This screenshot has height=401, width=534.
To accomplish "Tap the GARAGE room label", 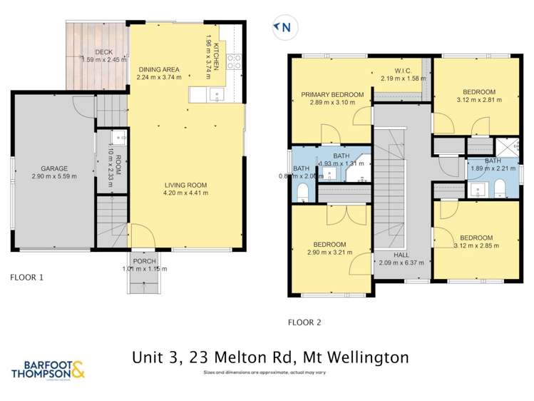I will pyautogui.click(x=54, y=168).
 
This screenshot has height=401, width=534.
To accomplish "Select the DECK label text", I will pyautogui.click(x=103, y=52).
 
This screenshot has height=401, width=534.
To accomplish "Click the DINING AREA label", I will pyautogui.click(x=158, y=69).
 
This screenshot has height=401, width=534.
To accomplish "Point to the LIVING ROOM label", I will pyautogui.click(x=184, y=186).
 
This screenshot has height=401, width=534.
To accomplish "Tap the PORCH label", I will pyautogui.click(x=144, y=260).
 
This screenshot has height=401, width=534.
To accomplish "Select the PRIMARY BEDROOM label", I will pyautogui.click(x=332, y=95).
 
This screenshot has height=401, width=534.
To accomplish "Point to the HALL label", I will pyautogui.click(x=402, y=255).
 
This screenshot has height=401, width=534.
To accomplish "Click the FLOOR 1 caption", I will pyautogui.click(x=27, y=277).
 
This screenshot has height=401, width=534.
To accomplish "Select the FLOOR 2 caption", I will pyautogui.click(x=304, y=322).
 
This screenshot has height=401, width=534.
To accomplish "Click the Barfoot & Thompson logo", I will pyautogui.click(x=48, y=370).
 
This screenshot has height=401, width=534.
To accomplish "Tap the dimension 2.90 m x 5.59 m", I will pyautogui.click(x=54, y=176).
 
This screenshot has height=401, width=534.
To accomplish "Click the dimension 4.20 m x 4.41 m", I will pyautogui.click(x=184, y=193).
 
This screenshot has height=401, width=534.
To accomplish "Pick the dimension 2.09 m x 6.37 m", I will pyautogui.click(x=402, y=263).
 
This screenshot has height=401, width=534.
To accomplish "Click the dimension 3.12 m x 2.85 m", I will pyautogui.click(x=476, y=246).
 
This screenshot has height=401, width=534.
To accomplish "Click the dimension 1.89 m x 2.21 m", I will pyautogui.click(x=493, y=169).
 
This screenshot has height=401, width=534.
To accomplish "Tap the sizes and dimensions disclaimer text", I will pyautogui.click(x=265, y=373).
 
